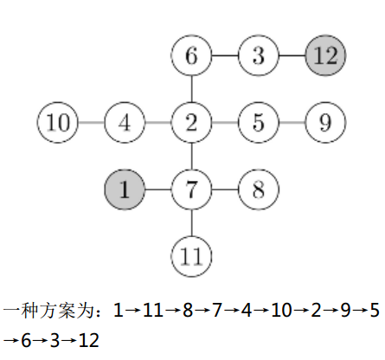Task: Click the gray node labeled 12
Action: tap(325, 55)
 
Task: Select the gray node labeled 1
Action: tap(125, 190)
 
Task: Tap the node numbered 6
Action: tap(191, 55)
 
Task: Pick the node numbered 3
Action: tap(259, 55)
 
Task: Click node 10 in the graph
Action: tap(58, 122)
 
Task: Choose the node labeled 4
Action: tap(125, 122)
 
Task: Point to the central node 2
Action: tap(191, 122)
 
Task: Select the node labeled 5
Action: tap(259, 122)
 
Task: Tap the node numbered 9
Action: tap(325, 122)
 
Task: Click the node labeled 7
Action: tap(191, 190)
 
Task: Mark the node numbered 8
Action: tap(259, 190)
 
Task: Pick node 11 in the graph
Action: tap(191, 256)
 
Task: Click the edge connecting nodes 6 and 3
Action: tap(225, 55)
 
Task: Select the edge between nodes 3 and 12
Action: tap(292, 55)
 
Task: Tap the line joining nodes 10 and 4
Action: tap(91, 122)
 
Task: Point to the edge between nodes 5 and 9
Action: tap(292, 122)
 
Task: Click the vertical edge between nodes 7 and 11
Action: tap(191, 223)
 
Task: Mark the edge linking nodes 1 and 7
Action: tap(158, 190)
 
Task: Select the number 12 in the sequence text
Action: tap(89, 340)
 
